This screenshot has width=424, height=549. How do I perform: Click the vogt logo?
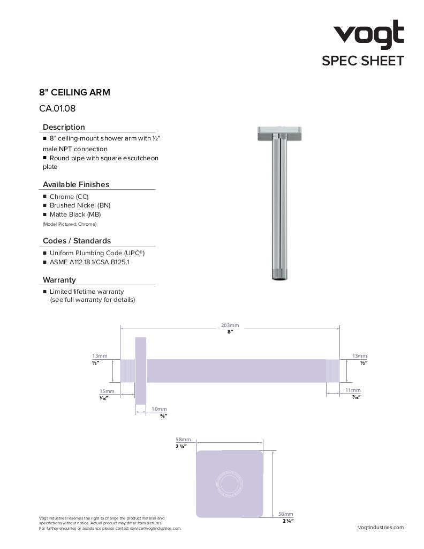pos(369,35)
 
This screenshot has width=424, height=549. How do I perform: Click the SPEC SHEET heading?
pos(362,61)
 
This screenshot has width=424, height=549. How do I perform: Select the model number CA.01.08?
pos(57,108)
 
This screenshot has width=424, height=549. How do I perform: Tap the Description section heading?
pos(64,127)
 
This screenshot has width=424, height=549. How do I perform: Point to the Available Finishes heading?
pos(75,184)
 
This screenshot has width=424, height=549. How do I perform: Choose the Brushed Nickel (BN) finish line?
pos(80,205)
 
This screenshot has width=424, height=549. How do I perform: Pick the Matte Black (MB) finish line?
pos(75,214)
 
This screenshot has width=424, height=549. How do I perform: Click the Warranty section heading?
pos(59,280)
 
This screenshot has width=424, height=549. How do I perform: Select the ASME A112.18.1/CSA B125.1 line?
pos(89,262)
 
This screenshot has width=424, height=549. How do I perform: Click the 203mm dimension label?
pos(230,325)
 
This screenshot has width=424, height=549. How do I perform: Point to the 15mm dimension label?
pos(107,391)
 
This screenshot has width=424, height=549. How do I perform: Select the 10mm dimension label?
pos(159,409)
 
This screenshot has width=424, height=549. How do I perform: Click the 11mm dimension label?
pos(353,390)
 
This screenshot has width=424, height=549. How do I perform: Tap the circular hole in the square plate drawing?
pos(230,484)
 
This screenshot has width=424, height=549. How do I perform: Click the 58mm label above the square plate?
pos(183,440)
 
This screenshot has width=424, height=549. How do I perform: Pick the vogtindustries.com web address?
pos(381,528)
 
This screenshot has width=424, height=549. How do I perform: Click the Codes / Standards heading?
pos(77,241)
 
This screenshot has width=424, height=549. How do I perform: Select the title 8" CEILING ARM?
pos(74,92)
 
